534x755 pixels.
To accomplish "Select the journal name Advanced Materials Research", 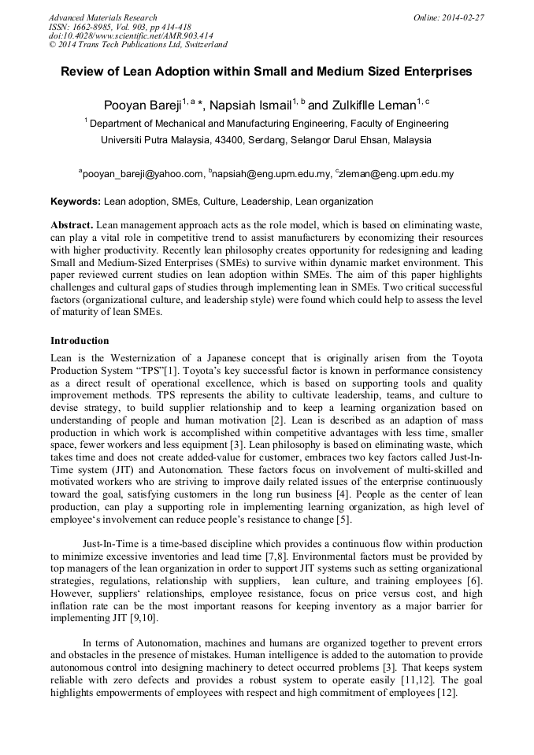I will (x=102, y=17).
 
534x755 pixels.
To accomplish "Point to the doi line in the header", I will (x=131, y=35).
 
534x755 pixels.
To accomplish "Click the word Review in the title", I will (x=83, y=72).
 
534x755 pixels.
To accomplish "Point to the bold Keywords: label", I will (x=76, y=202).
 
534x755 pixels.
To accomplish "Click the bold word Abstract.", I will (x=72, y=224).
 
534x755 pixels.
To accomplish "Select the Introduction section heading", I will (x=80, y=341).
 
